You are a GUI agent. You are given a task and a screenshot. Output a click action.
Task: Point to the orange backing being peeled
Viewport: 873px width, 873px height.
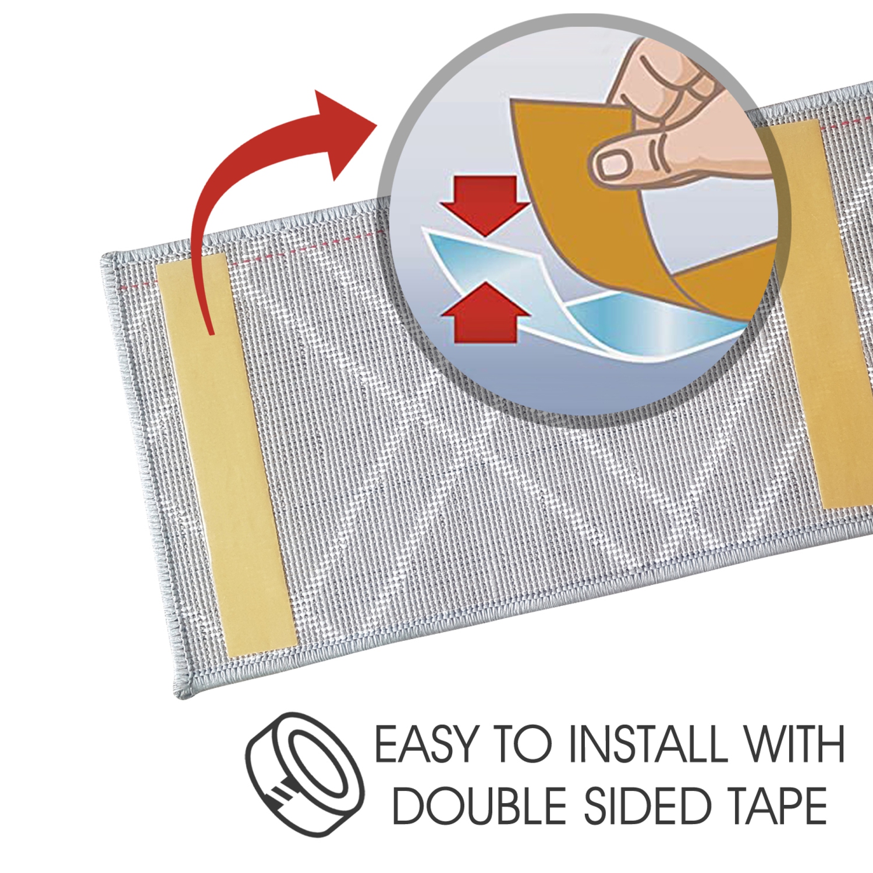pos(582,192)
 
